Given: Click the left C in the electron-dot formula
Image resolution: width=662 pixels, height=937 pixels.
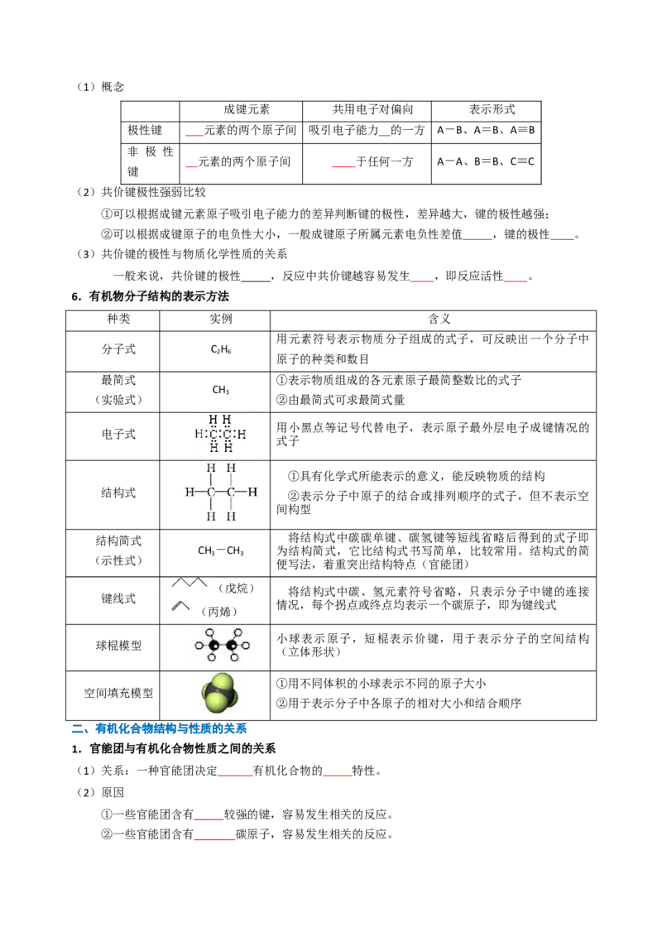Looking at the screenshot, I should point(213,434).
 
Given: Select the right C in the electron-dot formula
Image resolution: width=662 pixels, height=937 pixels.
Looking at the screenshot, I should point(228,434).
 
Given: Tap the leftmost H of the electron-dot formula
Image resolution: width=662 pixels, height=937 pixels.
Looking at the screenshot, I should point(199,434).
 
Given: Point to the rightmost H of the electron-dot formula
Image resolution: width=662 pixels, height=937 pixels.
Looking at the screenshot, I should point(242,434).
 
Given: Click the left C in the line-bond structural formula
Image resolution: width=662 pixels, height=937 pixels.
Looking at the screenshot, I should point(211,493).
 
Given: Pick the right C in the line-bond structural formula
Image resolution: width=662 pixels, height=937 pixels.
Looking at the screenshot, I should point(231,493).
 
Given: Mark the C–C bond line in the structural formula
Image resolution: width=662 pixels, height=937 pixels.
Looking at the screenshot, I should point(221,493).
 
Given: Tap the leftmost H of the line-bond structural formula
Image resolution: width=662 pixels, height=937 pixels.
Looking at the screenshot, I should point(189,493).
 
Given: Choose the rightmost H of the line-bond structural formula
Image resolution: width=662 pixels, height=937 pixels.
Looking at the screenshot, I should point(252,493).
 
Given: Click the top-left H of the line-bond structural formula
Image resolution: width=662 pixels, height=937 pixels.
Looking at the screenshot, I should point(211,468).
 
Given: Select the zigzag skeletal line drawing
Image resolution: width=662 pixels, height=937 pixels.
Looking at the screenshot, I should point(189,584).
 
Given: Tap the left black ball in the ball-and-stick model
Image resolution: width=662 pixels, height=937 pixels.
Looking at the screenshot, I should point(213,645).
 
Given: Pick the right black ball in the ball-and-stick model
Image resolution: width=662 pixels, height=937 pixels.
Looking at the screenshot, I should point(232,645).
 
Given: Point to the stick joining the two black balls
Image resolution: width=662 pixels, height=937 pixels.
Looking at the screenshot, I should point(223,645).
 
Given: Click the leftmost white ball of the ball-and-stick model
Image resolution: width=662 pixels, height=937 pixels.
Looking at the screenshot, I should point(199,645).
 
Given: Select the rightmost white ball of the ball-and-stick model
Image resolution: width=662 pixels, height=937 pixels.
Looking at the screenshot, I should point(246,645).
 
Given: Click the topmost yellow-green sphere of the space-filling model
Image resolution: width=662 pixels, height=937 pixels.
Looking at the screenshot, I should point(223,682).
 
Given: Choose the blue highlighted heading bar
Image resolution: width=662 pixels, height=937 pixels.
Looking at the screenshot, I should point(171,728).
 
